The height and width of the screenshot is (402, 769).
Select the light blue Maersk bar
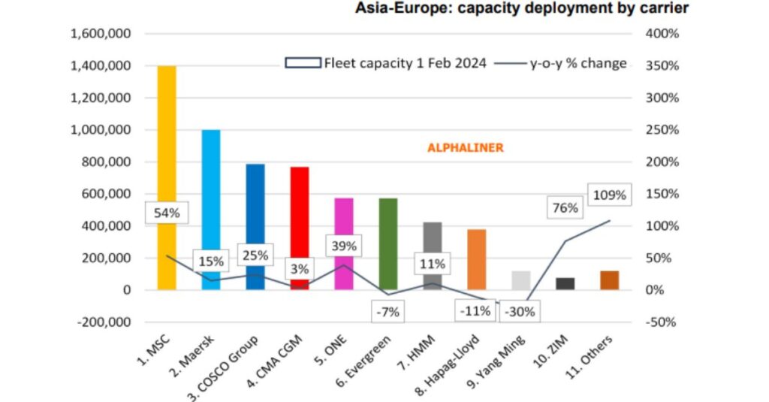[211, 188]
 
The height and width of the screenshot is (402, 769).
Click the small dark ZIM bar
[565, 283]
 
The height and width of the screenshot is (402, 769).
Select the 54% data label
[167, 213]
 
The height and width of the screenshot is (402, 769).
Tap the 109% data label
[609, 195]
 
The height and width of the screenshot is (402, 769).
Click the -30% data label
[520, 311]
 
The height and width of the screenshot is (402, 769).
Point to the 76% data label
[565, 208]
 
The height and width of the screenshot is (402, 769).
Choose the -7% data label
[388, 311]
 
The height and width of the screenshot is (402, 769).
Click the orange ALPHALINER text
[466, 148]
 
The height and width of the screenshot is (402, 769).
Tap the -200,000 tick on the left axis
[101, 322]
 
